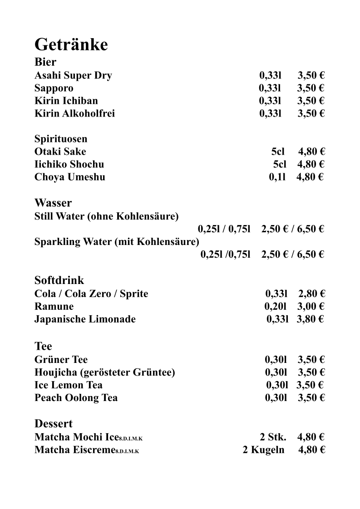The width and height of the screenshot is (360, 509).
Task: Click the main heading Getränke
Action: [x=71, y=45]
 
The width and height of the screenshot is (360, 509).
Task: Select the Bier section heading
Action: [x=45, y=62]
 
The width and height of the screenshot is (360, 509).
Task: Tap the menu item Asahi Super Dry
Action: [x=73, y=75]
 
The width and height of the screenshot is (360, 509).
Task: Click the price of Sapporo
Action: [x=311, y=88]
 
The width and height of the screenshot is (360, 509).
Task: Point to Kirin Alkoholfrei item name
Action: [x=74, y=113]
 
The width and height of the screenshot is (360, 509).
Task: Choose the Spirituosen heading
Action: [x=61, y=139]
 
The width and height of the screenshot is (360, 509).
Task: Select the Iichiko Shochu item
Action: [x=69, y=164]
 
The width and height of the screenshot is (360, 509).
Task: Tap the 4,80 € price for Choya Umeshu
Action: [x=310, y=177]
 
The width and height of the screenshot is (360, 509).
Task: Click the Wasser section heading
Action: [x=53, y=203]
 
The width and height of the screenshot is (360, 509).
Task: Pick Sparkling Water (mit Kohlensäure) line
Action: [x=117, y=242]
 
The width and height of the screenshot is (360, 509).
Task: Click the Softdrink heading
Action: [x=59, y=280]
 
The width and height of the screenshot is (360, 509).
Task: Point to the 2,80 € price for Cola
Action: [x=311, y=294]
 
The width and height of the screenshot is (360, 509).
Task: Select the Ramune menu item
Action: [x=54, y=307]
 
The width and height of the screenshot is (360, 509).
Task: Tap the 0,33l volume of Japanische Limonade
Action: [x=277, y=319]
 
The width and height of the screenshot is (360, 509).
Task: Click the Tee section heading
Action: [x=43, y=347]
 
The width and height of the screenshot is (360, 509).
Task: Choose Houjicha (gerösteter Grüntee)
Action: [x=104, y=372]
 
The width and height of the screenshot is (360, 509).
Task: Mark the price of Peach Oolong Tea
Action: [x=311, y=398]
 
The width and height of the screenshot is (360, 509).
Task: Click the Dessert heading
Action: [x=54, y=424]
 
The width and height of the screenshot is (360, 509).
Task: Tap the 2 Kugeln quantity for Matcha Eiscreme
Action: [x=263, y=450]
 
